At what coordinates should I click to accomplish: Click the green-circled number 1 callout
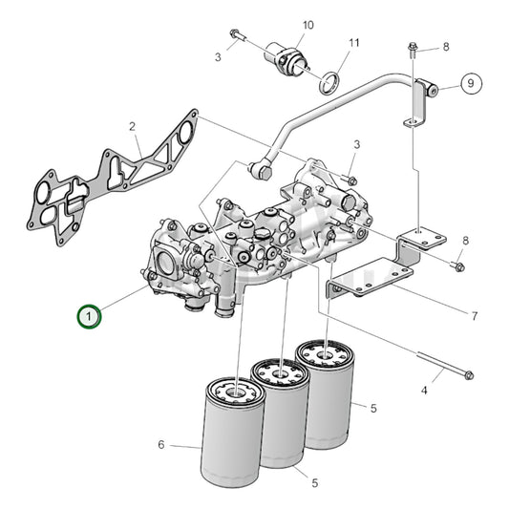[x=89, y=315]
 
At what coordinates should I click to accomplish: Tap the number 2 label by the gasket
[x=132, y=126]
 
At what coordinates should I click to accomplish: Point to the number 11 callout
[x=354, y=43]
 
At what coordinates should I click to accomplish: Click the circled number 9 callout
[x=468, y=84]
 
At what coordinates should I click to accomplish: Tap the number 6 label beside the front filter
[x=160, y=445]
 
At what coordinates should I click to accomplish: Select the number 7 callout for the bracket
[x=474, y=315]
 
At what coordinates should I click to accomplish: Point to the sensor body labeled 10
[x=286, y=55]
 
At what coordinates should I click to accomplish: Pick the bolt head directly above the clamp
[x=413, y=47]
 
